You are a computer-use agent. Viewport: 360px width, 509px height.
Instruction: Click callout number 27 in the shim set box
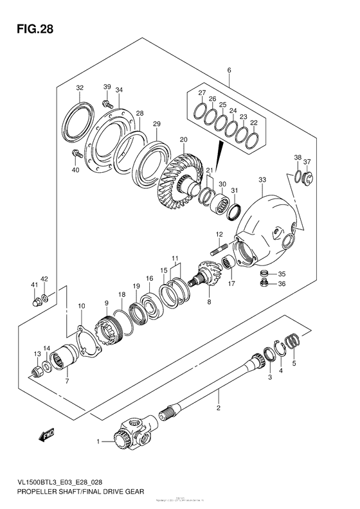pyautogui.click(x=201, y=94)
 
